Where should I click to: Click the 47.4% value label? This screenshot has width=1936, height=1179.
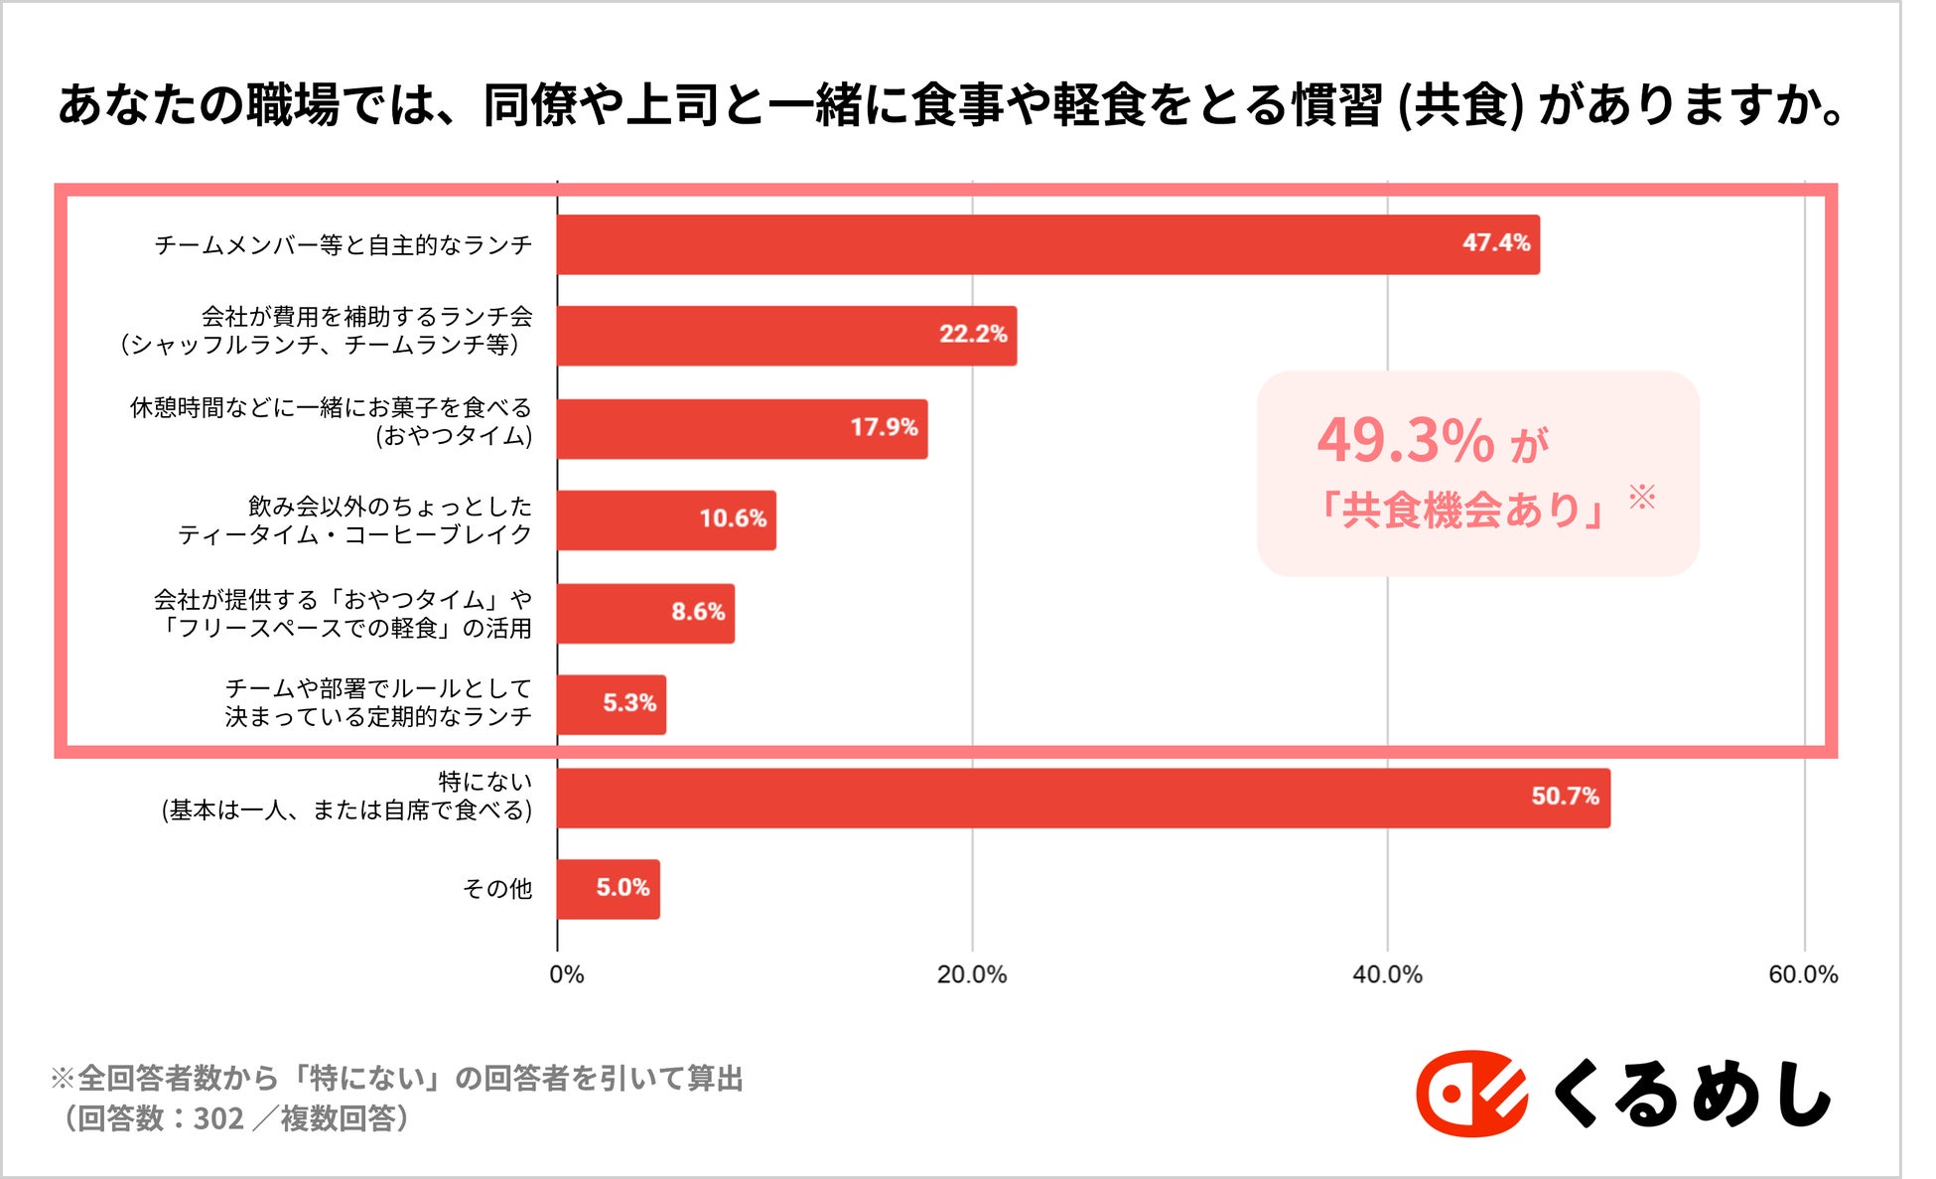(x=1495, y=243)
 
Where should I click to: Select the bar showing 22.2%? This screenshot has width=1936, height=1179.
(x=786, y=336)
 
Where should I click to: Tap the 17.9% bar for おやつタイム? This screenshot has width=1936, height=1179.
(x=742, y=429)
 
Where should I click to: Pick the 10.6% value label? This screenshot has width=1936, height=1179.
(x=732, y=518)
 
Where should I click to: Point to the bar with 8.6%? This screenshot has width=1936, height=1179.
(x=645, y=614)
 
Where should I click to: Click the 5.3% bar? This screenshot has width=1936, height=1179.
(x=611, y=705)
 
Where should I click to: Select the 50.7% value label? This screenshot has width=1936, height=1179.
(x=1564, y=797)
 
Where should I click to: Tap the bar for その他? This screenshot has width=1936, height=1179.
(x=608, y=889)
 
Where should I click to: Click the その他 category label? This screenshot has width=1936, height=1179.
(x=496, y=889)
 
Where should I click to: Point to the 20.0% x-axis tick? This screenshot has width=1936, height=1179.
(x=971, y=975)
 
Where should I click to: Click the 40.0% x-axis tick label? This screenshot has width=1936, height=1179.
(x=1386, y=975)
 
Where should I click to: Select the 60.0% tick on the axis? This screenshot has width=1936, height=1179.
(x=1802, y=975)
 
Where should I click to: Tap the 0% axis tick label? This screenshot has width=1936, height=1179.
(x=566, y=975)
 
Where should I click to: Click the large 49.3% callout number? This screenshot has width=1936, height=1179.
(x=1405, y=440)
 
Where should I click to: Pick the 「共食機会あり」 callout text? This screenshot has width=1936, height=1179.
(x=1457, y=511)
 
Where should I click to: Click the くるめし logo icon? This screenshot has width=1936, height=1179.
(x=1470, y=1094)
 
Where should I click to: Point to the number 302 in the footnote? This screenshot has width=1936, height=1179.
(x=218, y=1119)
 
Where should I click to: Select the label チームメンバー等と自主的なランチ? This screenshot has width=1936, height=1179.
(x=343, y=245)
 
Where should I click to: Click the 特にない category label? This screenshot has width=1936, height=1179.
(x=484, y=783)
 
